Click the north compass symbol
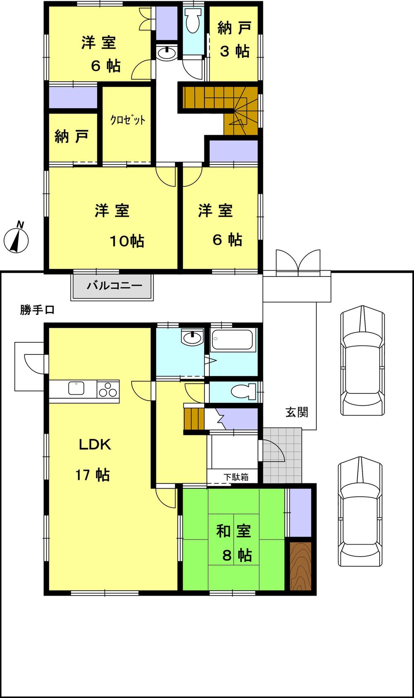pyautogui.click(x=16, y=239)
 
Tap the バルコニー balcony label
pyautogui.click(x=114, y=286)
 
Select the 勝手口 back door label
pyautogui.click(x=37, y=310)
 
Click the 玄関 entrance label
pyautogui.click(x=297, y=412)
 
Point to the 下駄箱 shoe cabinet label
pyautogui.click(x=236, y=477)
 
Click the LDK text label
pyautogui.click(x=95, y=445)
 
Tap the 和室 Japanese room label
pyautogui.click(x=233, y=531)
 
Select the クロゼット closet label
pyautogui.click(x=128, y=120)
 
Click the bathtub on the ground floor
pyautogui.click(x=232, y=340)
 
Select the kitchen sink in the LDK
pyautogui.click(x=76, y=389)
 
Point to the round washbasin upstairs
pyautogui.click(x=166, y=53)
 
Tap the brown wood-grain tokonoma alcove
pyautogui.click(x=300, y=566)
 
